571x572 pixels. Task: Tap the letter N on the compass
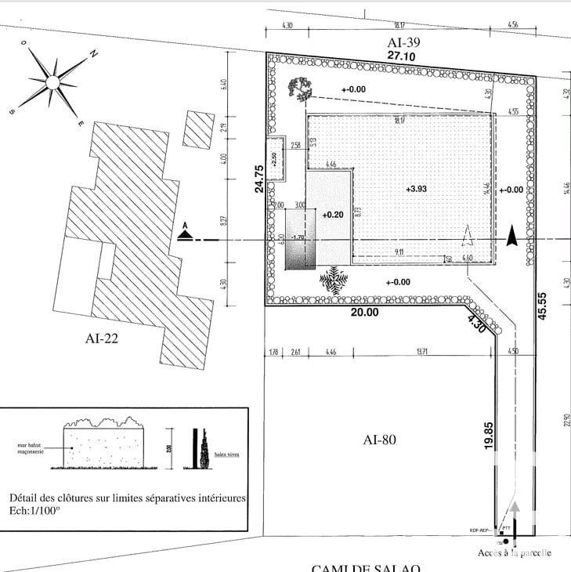pos(92,54)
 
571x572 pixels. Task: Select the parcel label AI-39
pos(405,43)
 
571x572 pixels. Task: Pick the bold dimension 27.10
pos(404,56)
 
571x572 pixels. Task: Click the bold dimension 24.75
pos(256,178)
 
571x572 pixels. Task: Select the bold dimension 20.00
pos(364,312)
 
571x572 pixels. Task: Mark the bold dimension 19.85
pos(488,434)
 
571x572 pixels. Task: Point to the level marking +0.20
pos(333,213)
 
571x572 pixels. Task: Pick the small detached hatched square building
pos(198,129)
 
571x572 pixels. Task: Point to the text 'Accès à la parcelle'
pos(515,552)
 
